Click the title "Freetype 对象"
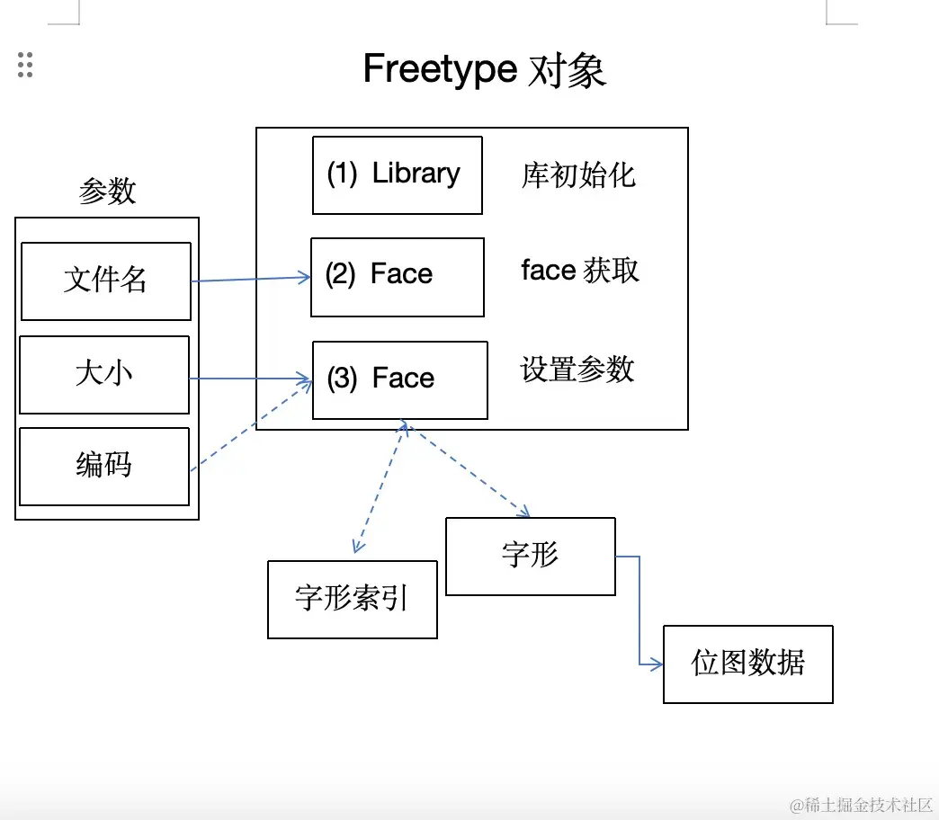[x=484, y=70]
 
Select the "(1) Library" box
[x=397, y=174]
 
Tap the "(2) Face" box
[x=397, y=276]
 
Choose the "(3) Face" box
[x=399, y=379]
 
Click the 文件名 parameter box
[x=105, y=281]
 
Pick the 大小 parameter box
[x=103, y=374]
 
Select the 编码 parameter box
[x=103, y=466]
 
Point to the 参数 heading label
[x=107, y=191]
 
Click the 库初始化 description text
[x=578, y=174]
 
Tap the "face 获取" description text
[x=580, y=271]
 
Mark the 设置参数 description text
[x=577, y=370]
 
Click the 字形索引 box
[x=352, y=599]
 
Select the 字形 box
[x=530, y=556]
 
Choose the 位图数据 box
[x=747, y=664]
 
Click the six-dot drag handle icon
[x=25, y=65]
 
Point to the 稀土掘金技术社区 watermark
[x=861, y=805]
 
